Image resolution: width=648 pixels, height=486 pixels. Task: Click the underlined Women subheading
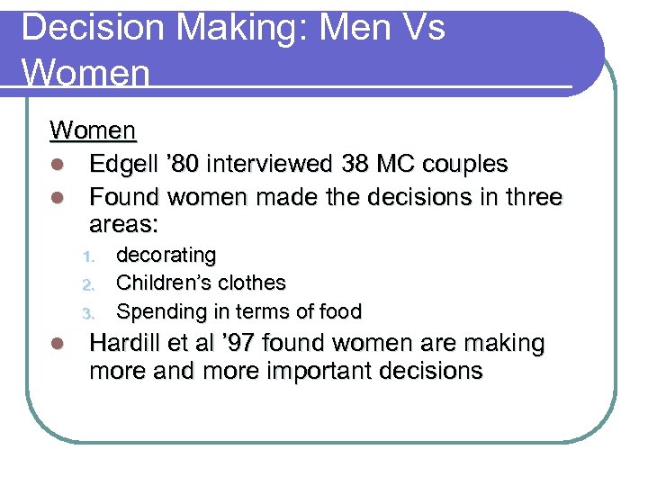tap(93, 131)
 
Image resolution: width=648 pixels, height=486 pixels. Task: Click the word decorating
tap(166, 256)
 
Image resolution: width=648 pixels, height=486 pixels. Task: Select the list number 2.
tap(88, 285)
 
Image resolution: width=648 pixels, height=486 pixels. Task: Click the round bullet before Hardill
tap(58, 344)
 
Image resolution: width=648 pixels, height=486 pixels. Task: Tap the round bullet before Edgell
tap(58, 166)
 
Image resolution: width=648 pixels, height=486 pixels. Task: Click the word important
tap(294, 371)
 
